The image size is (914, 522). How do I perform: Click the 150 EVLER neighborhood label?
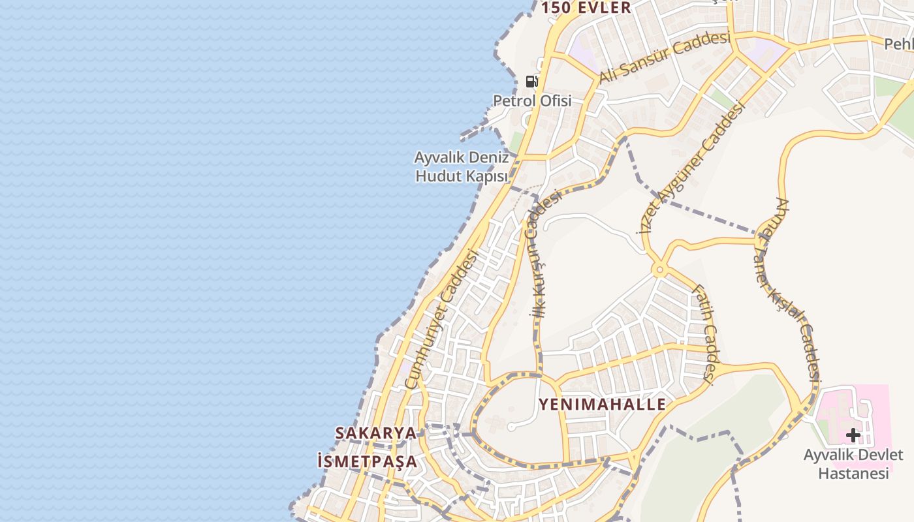coord(586,8)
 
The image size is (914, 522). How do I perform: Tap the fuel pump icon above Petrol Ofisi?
coord(532,82)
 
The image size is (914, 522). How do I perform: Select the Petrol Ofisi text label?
coord(532,100)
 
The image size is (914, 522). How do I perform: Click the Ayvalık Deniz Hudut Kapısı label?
coord(462,167)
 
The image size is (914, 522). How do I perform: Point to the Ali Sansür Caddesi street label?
coord(664,57)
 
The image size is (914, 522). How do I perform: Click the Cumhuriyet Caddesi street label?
coord(441,320)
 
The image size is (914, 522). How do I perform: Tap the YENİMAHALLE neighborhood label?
coord(603,405)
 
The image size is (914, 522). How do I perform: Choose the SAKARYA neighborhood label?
coord(375,433)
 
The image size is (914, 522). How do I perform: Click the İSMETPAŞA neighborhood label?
coord(367,461)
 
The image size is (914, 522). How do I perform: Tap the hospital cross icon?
coord(853,435)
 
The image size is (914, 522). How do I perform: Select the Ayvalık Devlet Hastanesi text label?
coord(853,463)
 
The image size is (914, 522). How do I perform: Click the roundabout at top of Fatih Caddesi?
coord(659,269)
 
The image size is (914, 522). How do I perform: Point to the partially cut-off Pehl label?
coord(898,44)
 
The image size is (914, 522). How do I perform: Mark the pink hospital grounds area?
coord(875,405)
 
